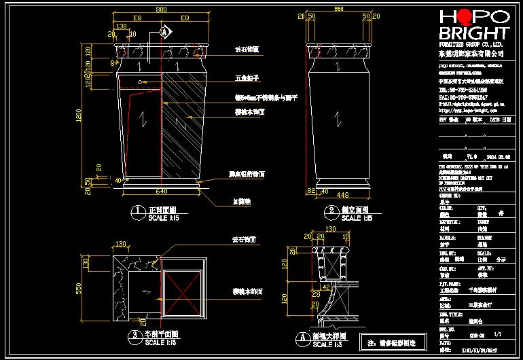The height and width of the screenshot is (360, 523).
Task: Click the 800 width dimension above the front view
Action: pyautogui.click(x=161, y=10)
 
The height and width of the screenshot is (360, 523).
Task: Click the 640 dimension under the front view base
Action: pyautogui.click(x=161, y=192)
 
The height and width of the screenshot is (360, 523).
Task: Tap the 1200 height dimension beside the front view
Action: pyautogui.click(x=81, y=120)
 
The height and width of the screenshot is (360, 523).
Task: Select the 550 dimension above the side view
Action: pyautogui.click(x=339, y=10)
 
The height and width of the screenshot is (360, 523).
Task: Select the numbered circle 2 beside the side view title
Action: pyautogui.click(x=331, y=211)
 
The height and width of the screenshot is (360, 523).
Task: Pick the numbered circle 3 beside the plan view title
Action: pyautogui.click(x=137, y=336)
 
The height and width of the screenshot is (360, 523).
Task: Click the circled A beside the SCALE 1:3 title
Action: pyautogui.click(x=299, y=337)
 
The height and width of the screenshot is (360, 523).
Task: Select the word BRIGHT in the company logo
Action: pyautogui.click(x=473, y=33)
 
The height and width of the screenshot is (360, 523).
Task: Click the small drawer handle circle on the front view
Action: pyautogui.click(x=141, y=82)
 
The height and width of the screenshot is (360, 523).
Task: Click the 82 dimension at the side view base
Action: pyautogui.click(x=312, y=192)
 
